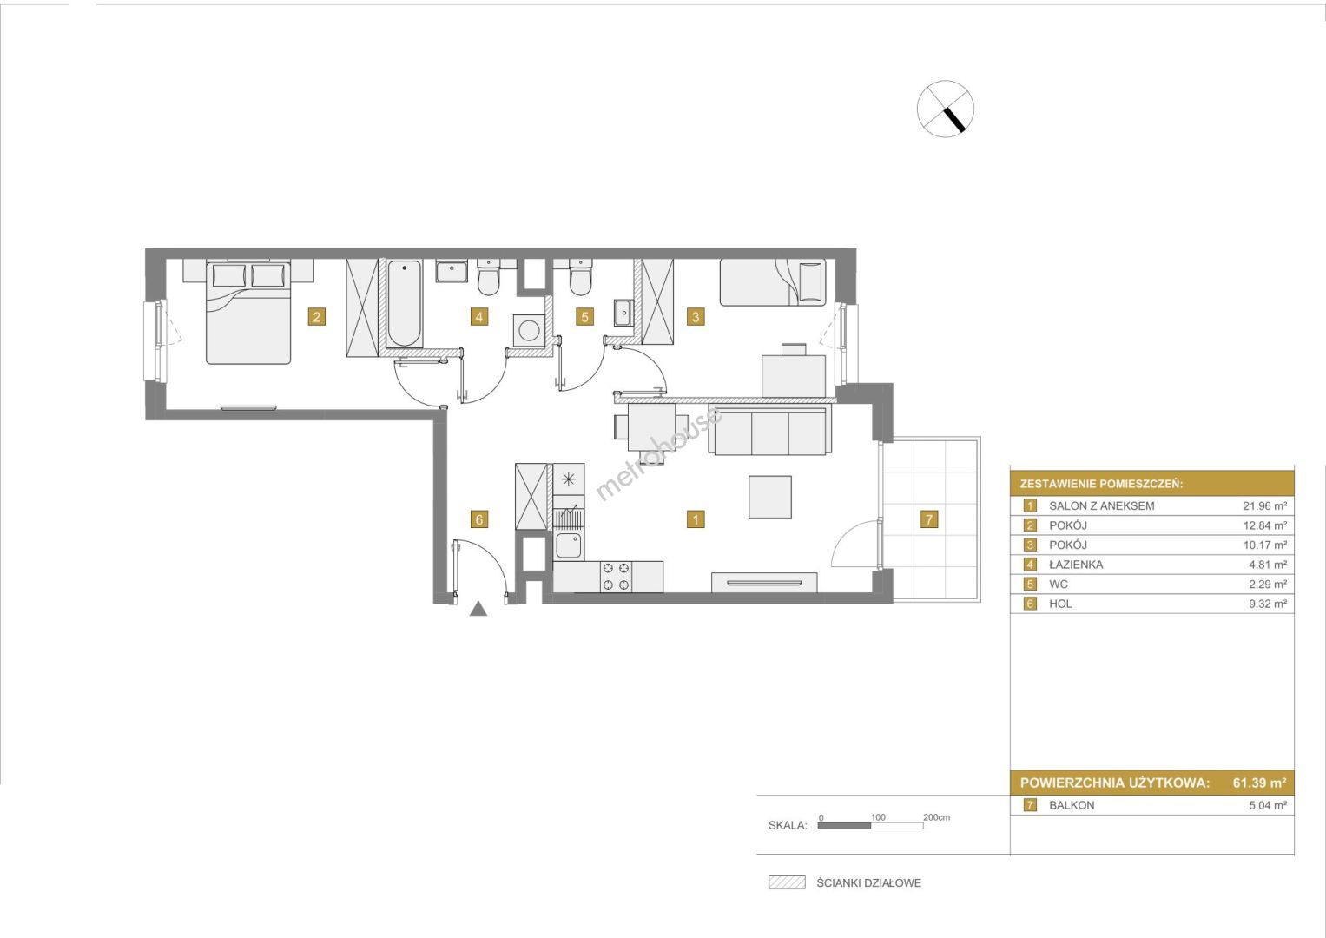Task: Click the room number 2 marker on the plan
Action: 317,317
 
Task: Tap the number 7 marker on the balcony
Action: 929,519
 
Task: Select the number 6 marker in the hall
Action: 478,519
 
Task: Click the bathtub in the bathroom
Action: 405,304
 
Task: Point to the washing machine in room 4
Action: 529,330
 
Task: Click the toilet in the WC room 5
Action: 580,277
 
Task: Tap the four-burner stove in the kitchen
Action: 616,577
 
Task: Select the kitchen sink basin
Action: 569,546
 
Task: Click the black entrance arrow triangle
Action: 478,609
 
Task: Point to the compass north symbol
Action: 946,109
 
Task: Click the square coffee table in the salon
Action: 769,497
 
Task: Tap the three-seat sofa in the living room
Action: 769,431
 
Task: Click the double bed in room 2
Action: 248,312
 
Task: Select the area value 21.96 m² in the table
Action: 1264,505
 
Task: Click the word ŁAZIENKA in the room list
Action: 1076,565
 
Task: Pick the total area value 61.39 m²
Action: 1259,783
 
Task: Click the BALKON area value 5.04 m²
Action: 1268,805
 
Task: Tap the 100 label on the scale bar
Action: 878,816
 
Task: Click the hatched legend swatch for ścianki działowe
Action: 787,882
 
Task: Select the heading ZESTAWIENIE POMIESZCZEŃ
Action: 1101,484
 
